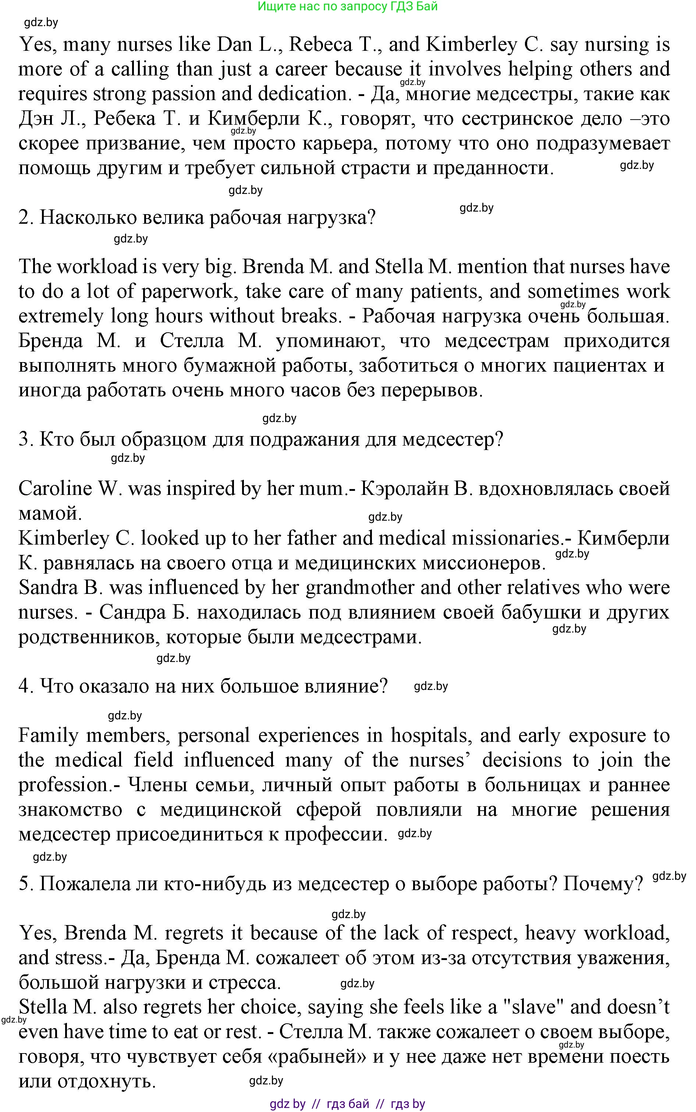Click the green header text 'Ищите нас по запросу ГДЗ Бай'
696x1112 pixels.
(348, 7)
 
